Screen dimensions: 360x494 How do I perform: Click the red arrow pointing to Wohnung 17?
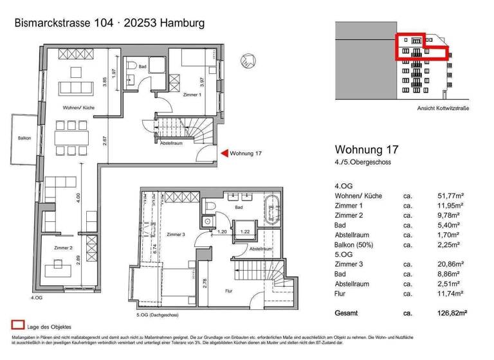coord(224,153)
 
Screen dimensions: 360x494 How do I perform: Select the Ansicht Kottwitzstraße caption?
coord(443,108)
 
